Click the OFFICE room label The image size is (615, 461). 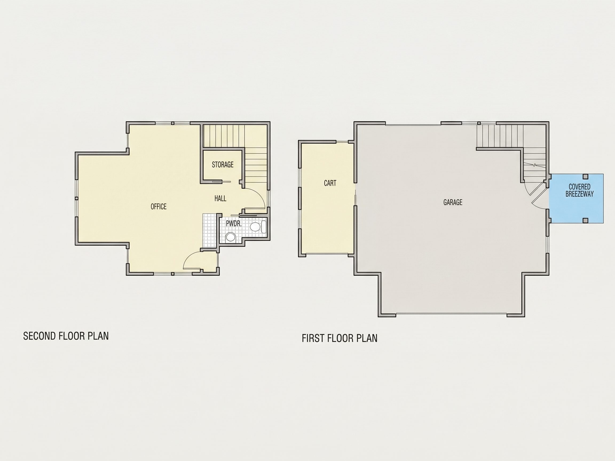point(159,206)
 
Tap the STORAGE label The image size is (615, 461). point(223,165)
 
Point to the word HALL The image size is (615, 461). point(220,198)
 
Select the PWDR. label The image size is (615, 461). point(234,223)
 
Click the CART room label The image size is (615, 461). point(330,183)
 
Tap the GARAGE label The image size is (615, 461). point(453,202)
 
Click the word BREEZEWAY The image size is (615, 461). point(579,194)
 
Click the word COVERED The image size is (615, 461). point(579,187)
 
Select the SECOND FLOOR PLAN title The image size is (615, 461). point(66,336)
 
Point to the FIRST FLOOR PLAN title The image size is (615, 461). point(340,338)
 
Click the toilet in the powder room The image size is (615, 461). point(258,227)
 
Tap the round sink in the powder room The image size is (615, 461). point(230,237)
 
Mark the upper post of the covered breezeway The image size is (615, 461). point(585,176)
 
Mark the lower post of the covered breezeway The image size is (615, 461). point(585,221)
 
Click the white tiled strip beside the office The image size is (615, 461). point(209,230)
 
